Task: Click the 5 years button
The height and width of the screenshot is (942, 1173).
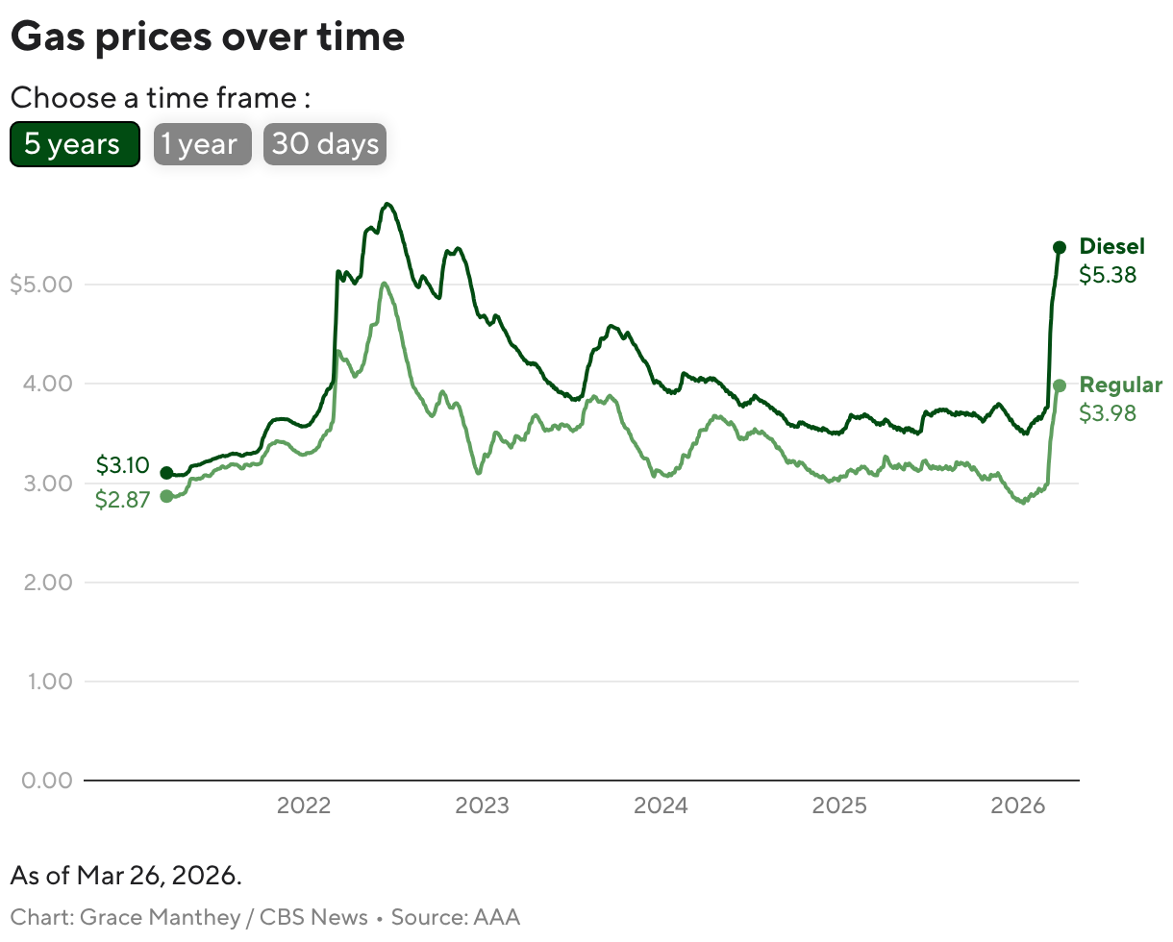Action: [x=74, y=144]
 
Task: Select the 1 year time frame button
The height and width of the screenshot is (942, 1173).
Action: [x=202, y=144]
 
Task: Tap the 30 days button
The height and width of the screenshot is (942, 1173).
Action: [x=325, y=144]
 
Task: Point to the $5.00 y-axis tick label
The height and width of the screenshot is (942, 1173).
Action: [x=40, y=285]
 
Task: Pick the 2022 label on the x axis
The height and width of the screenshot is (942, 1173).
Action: [x=304, y=806]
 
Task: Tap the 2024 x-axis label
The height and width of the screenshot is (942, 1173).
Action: [x=661, y=806]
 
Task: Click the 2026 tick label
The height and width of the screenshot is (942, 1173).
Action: [x=1017, y=806]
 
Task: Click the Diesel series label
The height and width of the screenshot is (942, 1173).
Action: [x=1111, y=247]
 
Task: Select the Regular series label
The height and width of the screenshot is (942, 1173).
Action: [x=1120, y=385]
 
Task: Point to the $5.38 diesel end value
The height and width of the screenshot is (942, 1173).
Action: [x=1108, y=276]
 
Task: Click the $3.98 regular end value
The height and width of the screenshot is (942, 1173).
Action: [x=1108, y=414]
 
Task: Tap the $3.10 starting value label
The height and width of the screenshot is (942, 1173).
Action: [x=122, y=466]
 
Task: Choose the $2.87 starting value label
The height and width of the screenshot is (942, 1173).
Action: [x=122, y=500]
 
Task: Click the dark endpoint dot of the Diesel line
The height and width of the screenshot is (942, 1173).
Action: [x=1060, y=247]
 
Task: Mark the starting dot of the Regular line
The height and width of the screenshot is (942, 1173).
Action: [x=166, y=496]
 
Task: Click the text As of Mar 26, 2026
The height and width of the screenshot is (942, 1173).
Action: [x=126, y=877]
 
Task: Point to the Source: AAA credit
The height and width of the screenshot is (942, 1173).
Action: [x=456, y=917]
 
